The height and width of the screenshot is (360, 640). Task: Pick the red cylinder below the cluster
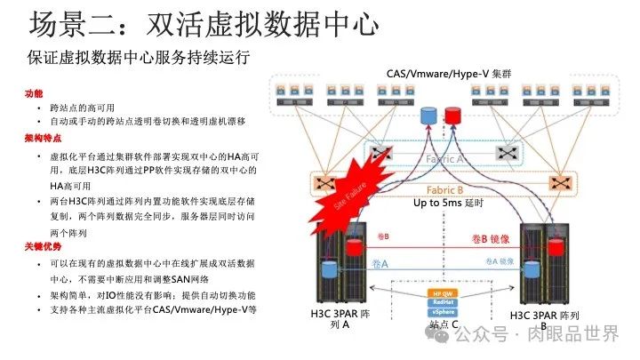[x=453, y=116]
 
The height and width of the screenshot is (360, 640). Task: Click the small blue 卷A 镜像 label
[x=500, y=260]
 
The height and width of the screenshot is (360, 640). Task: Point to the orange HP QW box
[x=443, y=292]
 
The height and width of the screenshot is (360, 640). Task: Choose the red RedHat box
[x=443, y=302]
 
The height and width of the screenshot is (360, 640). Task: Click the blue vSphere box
[x=443, y=312]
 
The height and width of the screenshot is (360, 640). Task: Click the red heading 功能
[x=34, y=92]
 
